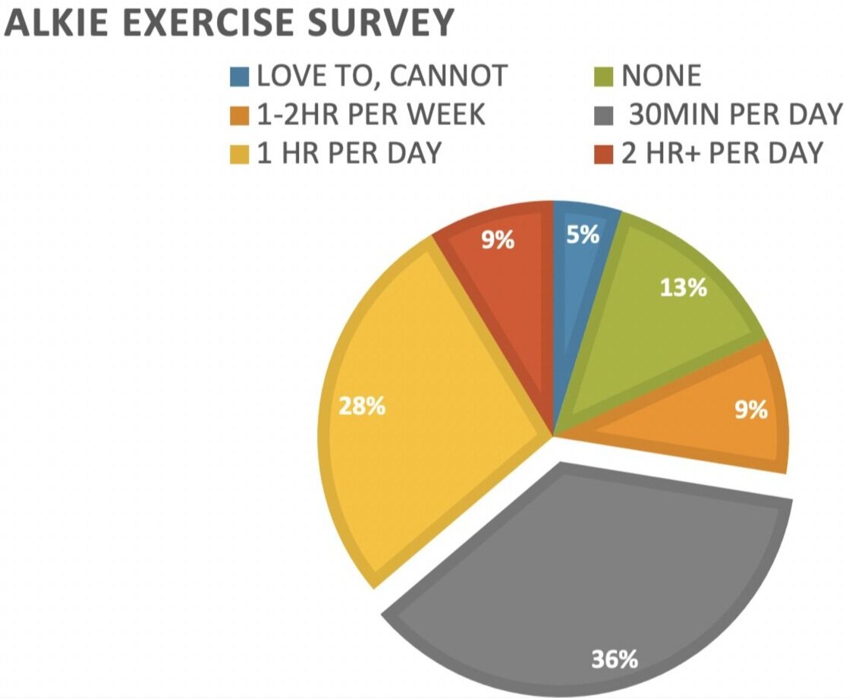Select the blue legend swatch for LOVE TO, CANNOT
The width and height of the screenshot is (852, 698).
tap(238, 76)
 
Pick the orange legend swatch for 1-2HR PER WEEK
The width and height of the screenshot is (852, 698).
tap(238, 115)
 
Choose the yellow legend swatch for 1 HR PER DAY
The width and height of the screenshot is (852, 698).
tap(238, 153)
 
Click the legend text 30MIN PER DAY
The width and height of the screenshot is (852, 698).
tap(736, 115)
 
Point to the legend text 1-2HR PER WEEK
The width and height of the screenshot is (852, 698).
tap(371, 115)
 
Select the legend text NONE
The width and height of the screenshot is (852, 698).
tap(662, 76)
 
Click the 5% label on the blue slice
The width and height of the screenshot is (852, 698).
tap(583, 235)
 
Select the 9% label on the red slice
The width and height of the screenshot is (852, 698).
tap(498, 241)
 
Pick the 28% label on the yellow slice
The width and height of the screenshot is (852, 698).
tap(362, 406)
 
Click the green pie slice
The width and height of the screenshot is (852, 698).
tap(652, 326)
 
